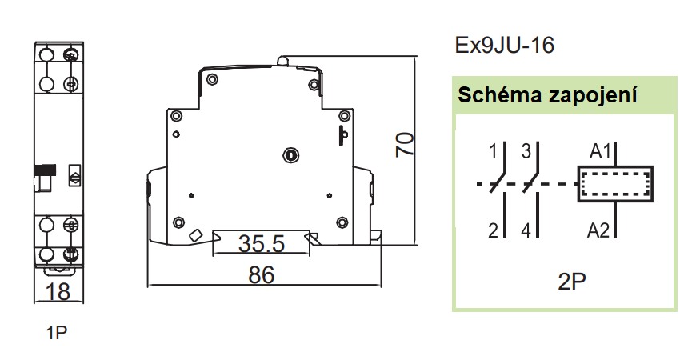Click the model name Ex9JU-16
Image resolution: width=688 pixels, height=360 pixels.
click(504, 46)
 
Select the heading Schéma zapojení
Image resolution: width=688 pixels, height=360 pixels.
click(547, 95)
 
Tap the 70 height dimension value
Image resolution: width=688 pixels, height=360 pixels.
click(405, 145)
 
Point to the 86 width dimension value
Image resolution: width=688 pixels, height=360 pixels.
click(262, 275)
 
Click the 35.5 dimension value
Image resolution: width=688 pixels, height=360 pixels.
click(261, 244)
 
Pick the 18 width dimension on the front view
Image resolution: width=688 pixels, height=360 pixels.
click(58, 291)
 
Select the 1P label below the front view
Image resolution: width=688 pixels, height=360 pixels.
click(57, 333)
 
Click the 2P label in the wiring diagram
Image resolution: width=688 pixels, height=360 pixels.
click(572, 282)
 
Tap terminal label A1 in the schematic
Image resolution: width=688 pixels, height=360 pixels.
click(600, 151)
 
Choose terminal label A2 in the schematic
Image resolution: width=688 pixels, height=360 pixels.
click(598, 230)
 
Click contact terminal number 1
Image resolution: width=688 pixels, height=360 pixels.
click(493, 151)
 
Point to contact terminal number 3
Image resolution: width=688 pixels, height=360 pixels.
click(526, 151)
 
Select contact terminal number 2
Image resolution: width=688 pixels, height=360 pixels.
click(494, 230)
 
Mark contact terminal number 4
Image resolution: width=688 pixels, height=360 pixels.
click(526, 230)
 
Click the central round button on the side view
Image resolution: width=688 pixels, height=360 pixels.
click(290, 154)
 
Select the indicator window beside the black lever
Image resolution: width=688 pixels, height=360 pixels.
click(74, 176)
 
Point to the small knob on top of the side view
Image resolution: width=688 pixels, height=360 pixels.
click(283, 61)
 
